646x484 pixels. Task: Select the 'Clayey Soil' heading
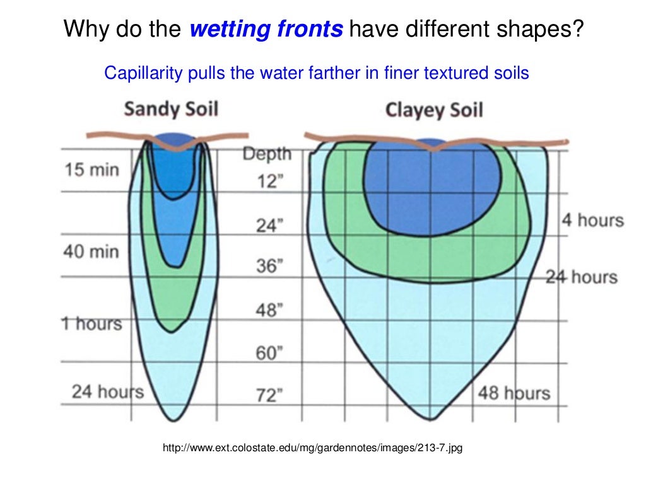tap(434, 110)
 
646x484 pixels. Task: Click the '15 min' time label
tap(91, 170)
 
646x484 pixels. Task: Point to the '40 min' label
tap(91, 251)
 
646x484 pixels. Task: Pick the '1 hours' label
tap(91, 323)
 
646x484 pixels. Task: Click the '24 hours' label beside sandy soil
tap(108, 391)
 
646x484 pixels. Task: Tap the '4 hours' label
tap(592, 221)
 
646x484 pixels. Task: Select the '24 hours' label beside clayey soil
tap(581, 277)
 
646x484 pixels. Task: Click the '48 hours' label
tap(514, 393)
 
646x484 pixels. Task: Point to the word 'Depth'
tap(267, 154)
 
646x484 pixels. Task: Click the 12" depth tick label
tap(269, 181)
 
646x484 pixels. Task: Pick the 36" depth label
tap(268, 266)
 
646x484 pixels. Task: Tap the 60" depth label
tap(268, 353)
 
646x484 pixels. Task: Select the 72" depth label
tap(268, 396)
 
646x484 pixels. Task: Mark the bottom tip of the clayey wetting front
tap(431, 418)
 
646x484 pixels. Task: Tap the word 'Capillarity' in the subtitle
tap(143, 73)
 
